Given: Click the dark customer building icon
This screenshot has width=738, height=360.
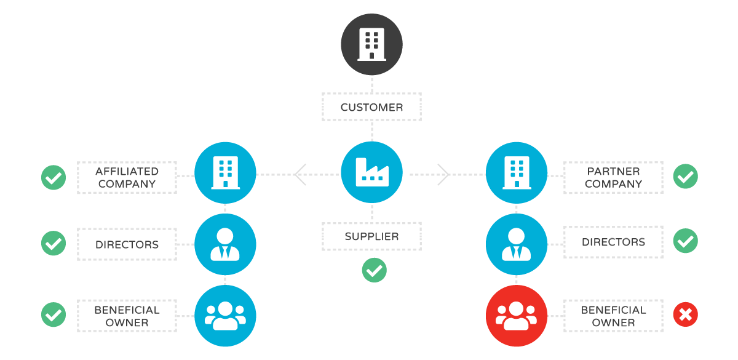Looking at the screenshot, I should (371, 44).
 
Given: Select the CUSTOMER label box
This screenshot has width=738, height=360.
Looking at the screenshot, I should (371, 107).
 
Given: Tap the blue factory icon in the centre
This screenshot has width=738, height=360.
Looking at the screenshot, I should (371, 173).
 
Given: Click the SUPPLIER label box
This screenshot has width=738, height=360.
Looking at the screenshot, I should (371, 236).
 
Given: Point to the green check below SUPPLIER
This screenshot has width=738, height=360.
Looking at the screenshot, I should (374, 270).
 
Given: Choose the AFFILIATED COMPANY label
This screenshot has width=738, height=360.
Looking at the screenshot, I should (127, 178).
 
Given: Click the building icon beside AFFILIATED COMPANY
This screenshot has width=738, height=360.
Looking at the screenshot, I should (225, 173).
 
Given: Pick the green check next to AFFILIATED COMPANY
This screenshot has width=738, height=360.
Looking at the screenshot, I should (54, 178).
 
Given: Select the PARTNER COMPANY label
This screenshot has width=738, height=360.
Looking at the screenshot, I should (613, 178).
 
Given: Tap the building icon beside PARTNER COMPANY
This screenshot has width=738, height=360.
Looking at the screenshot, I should (516, 173).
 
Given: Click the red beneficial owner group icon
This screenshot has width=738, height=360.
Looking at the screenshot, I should (516, 315).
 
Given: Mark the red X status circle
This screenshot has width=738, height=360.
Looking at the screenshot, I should (685, 315).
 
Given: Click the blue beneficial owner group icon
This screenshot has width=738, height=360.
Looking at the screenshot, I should (225, 315).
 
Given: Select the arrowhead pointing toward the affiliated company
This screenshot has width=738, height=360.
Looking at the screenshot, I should (300, 174).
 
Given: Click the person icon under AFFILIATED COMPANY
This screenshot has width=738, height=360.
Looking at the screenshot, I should (225, 244).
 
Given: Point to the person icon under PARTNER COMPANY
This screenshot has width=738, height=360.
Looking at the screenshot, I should (516, 244).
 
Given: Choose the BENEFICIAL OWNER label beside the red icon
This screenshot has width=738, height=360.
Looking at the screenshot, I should (613, 316).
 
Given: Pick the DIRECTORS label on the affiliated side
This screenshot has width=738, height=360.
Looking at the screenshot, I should (127, 244).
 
